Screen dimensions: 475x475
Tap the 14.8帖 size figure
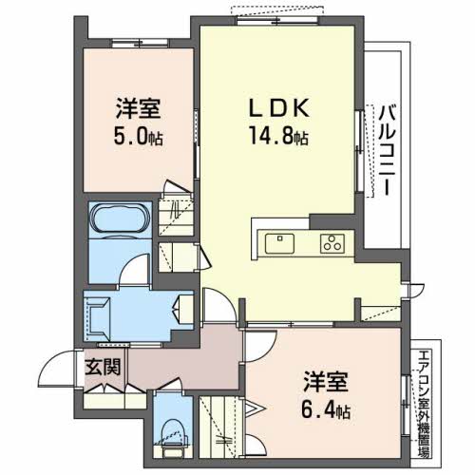[x=275, y=136]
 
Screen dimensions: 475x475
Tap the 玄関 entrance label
[x=105, y=367]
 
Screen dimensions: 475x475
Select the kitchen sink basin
[x=278, y=242]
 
